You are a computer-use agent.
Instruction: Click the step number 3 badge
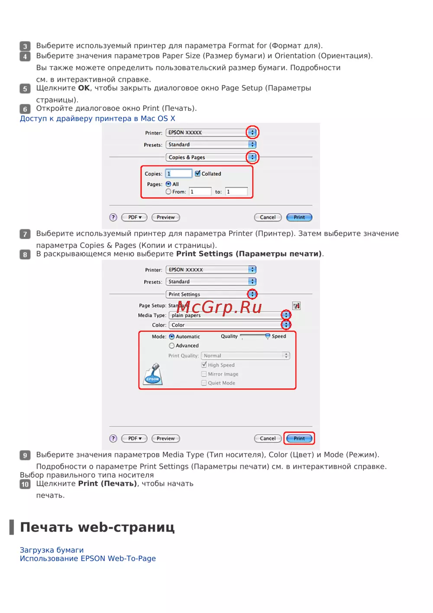pyautogui.click(x=25, y=46)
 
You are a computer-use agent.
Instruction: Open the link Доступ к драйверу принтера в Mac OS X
pyautogui.click(x=97, y=118)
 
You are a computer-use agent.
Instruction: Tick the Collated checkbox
pyautogui.click(x=197, y=173)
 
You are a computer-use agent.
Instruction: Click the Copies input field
pyautogui.click(x=179, y=173)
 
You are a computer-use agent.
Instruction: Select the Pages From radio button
pyautogui.click(x=168, y=192)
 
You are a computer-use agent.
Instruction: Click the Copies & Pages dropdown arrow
pyautogui.click(x=252, y=157)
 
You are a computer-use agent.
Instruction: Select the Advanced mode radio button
pyautogui.click(x=171, y=346)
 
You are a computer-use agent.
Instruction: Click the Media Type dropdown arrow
pyautogui.click(x=286, y=315)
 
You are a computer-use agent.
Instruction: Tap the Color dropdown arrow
pyautogui.click(x=286, y=325)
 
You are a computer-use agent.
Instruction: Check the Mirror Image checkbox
pyautogui.click(x=204, y=374)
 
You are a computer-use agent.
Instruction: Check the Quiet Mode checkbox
pyautogui.click(x=204, y=383)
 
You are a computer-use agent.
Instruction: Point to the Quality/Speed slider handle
pyautogui.click(x=268, y=336)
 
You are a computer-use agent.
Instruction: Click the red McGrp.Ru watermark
pyautogui.click(x=219, y=307)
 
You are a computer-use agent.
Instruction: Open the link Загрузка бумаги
pyautogui.click(x=52, y=550)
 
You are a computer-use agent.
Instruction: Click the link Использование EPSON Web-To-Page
pyautogui.click(x=88, y=558)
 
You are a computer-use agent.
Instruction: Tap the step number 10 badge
pyautogui.click(x=25, y=484)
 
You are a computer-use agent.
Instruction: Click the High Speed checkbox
pyautogui.click(x=204, y=365)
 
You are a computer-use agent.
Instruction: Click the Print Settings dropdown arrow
pyautogui.click(x=252, y=294)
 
